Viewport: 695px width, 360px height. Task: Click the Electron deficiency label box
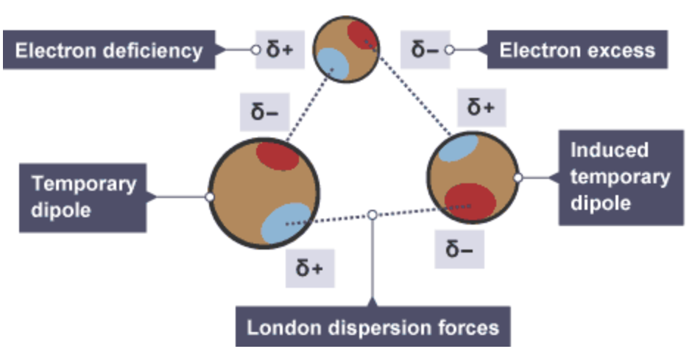(108, 50)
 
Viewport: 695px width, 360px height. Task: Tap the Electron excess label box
(576, 50)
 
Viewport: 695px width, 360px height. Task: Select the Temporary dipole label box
(78, 197)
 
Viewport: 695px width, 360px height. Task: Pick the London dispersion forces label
(373, 326)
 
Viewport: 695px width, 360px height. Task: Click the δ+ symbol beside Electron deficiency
(280, 50)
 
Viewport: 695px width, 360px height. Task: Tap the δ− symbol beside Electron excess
(425, 50)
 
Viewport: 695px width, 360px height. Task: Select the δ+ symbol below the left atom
(309, 268)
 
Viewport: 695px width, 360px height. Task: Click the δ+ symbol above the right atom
(481, 109)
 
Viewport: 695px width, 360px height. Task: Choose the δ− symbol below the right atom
(459, 250)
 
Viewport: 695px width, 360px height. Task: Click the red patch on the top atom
(362, 35)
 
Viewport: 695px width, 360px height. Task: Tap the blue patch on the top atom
(332, 61)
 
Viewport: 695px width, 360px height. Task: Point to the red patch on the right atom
(469, 200)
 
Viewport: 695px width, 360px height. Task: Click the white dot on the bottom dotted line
(373, 214)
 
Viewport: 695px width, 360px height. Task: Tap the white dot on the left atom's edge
(210, 197)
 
